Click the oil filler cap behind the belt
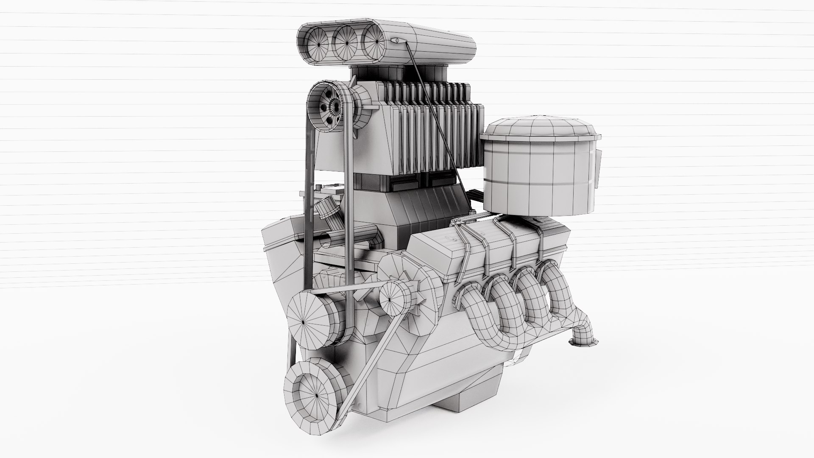pyautogui.click(x=326, y=212)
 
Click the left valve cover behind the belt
pyautogui.click(x=282, y=237)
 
